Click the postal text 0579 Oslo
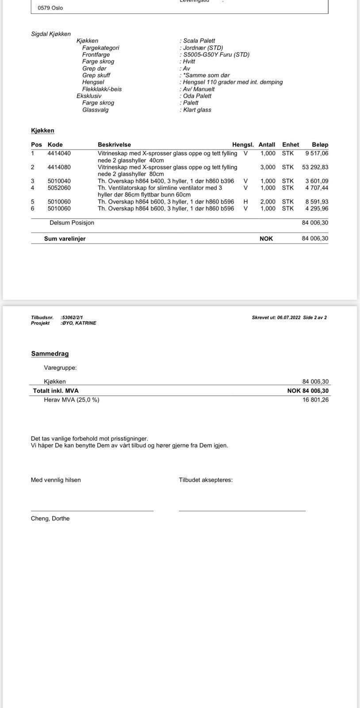click(x=50, y=8)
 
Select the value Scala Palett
click(x=199, y=41)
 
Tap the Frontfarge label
click(x=96, y=54)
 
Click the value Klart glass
click(x=197, y=110)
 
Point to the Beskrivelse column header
click(x=114, y=145)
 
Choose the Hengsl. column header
click(x=243, y=145)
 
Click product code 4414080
click(x=59, y=167)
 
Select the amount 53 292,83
click(x=315, y=167)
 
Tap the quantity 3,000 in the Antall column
click(x=268, y=167)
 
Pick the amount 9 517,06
click(x=317, y=154)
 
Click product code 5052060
click(x=59, y=188)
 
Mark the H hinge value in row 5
click(x=245, y=202)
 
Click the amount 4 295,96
click(x=317, y=208)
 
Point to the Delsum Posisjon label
click(x=72, y=223)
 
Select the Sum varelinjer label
click(x=65, y=239)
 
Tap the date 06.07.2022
click(x=289, y=317)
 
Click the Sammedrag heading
click(x=50, y=354)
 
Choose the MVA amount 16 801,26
click(x=315, y=400)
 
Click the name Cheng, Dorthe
click(x=50, y=519)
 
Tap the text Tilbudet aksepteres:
click(x=206, y=480)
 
